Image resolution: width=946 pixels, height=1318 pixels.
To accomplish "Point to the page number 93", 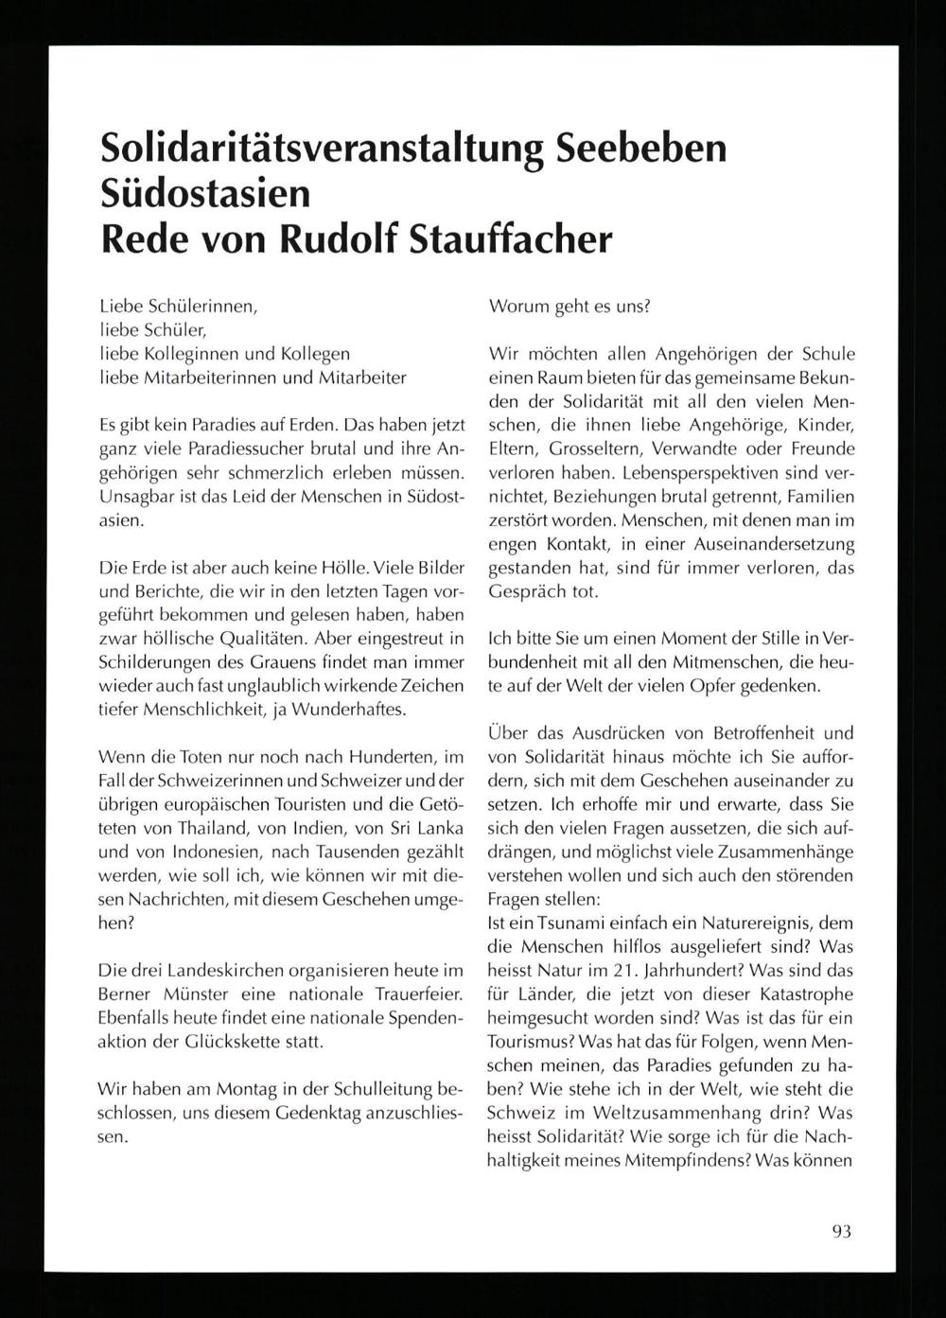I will pos(842,1231).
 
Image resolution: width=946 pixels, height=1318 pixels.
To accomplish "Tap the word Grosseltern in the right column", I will pos(575,448).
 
